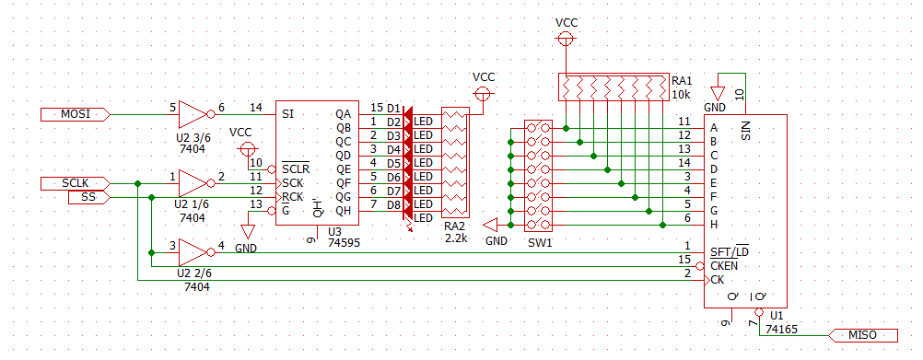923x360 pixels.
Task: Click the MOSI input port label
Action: click(x=76, y=114)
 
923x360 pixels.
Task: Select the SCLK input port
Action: click(x=76, y=183)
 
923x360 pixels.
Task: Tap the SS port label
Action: click(x=88, y=198)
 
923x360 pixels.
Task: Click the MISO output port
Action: click(x=863, y=335)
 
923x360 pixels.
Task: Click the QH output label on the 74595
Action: click(x=343, y=211)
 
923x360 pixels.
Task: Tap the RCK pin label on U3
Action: click(x=293, y=196)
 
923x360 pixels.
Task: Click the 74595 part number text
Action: click(x=344, y=242)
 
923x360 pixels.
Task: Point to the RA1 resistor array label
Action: click(x=683, y=81)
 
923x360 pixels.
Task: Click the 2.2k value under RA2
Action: click(x=456, y=238)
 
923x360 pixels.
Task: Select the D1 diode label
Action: click(x=393, y=109)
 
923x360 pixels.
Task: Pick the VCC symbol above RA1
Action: click(x=567, y=39)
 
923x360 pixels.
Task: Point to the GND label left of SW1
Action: click(x=497, y=239)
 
